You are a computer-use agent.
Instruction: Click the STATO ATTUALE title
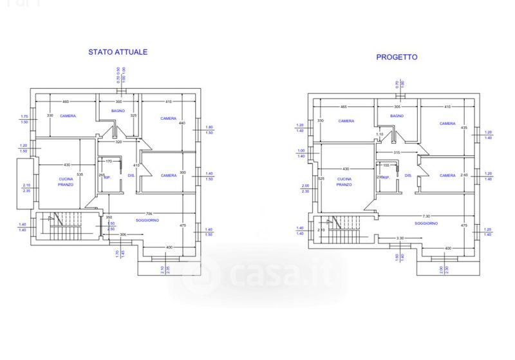[118, 52]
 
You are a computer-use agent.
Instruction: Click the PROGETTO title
[397, 57]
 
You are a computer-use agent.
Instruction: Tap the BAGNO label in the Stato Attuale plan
[117, 111]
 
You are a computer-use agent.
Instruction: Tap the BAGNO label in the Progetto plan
[397, 116]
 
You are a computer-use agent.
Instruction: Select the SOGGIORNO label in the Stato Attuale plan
[147, 220]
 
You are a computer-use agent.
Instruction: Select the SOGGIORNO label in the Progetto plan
[426, 223]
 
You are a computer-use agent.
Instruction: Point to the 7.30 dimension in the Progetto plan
[426, 216]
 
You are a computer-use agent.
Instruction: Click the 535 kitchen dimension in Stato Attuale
[80, 175]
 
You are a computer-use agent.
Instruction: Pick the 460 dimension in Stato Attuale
[66, 102]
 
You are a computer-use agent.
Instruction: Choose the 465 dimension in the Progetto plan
[344, 106]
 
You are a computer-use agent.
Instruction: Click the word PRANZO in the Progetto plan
[344, 184]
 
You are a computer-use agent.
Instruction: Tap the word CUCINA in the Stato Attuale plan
[66, 178]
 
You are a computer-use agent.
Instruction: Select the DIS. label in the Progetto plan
[408, 175]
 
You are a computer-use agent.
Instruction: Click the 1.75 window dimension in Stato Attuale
[24, 116]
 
